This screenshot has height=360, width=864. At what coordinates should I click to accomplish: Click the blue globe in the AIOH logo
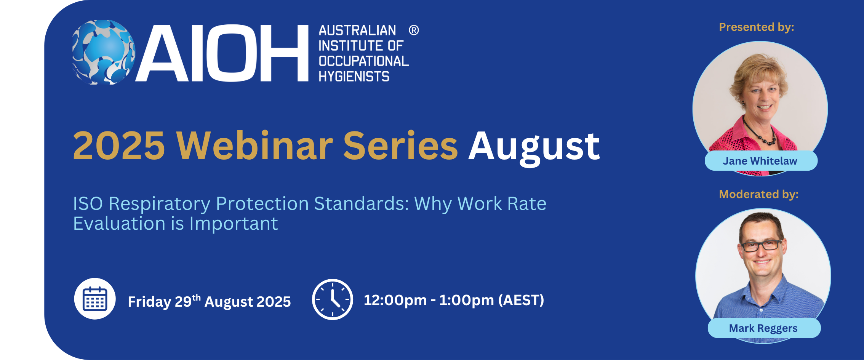104,52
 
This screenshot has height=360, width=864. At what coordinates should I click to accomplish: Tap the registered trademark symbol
414,30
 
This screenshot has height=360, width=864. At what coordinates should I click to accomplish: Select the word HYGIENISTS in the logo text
354,77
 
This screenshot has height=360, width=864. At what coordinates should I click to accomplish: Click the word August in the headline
534,147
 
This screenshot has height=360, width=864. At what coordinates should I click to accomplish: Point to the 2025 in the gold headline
119,146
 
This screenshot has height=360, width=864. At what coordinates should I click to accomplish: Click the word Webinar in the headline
254,145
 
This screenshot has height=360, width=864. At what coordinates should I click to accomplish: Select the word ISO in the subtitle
88,203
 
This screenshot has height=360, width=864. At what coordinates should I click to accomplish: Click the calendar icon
95,299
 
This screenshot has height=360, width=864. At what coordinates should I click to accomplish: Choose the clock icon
333,299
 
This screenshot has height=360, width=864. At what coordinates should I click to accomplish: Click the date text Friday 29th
164,301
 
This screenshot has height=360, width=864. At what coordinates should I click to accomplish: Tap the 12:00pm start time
395,300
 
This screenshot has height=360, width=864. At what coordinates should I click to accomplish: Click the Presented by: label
757,27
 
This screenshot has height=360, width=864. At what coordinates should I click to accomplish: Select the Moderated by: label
759,194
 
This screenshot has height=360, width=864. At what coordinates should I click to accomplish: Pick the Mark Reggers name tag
764,328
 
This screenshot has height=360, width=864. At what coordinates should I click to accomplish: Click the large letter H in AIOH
284,53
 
